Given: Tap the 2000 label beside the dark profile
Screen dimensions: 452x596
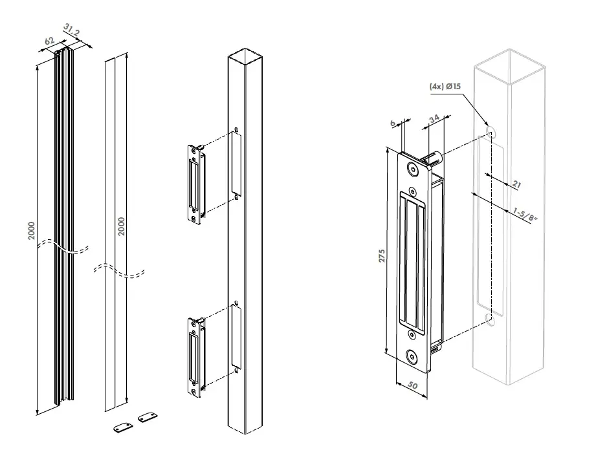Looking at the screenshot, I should (32, 231).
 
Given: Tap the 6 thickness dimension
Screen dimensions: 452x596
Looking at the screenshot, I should (393, 123).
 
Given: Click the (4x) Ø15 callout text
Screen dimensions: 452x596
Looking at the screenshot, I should (445, 85).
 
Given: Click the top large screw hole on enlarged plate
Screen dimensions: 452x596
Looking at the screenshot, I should (412, 169).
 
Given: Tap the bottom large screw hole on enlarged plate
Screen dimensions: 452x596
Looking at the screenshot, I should (412, 356).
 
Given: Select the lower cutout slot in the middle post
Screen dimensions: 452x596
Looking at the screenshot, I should (236, 337).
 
